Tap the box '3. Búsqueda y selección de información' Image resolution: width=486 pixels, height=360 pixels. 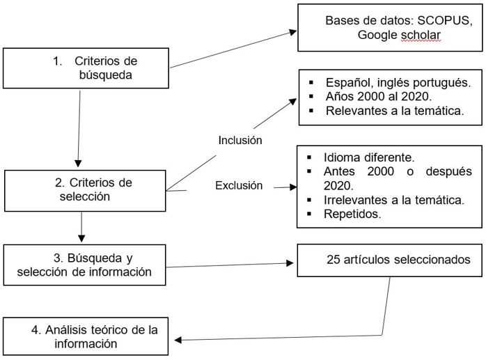click(x=84, y=265)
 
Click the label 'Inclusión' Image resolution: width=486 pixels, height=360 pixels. click(x=240, y=141)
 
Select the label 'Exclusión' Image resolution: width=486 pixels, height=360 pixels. click(x=239, y=186)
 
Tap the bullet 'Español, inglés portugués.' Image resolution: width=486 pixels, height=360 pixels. click(x=394, y=82)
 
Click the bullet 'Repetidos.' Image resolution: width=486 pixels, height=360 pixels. click(x=352, y=214)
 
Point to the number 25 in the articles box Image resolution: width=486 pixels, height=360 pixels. click(x=333, y=260)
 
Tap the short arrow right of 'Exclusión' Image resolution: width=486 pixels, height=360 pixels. click(x=285, y=187)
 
